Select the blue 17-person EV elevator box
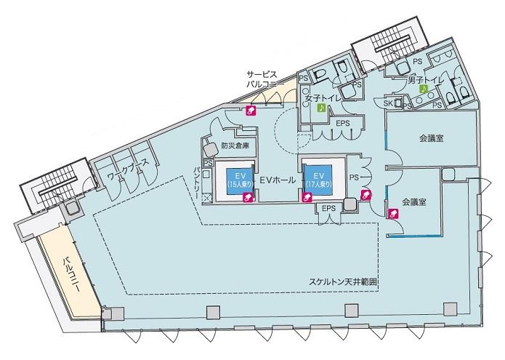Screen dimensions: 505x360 point(318,180)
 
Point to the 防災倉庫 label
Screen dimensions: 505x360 point(235,145)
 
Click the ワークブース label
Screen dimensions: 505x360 point(128,171)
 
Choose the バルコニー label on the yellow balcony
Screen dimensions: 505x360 point(71,274)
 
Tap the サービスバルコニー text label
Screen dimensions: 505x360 point(262,79)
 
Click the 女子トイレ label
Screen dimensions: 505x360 point(323,98)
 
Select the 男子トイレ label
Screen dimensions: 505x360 point(426,80)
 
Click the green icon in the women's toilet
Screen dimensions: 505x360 point(321,108)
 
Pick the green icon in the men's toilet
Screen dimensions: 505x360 point(424,89)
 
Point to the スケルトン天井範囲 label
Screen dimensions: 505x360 point(343,282)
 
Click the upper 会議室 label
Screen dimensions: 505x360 point(432,139)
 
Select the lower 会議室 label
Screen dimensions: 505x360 point(414,202)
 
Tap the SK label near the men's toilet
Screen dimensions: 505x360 point(388,103)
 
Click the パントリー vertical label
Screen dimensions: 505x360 point(197,183)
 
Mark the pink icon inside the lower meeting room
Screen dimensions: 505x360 point(394,213)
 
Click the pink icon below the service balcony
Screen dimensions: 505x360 point(251,111)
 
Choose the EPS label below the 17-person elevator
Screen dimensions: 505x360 point(328,209)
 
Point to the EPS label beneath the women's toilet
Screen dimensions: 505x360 point(343,124)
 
